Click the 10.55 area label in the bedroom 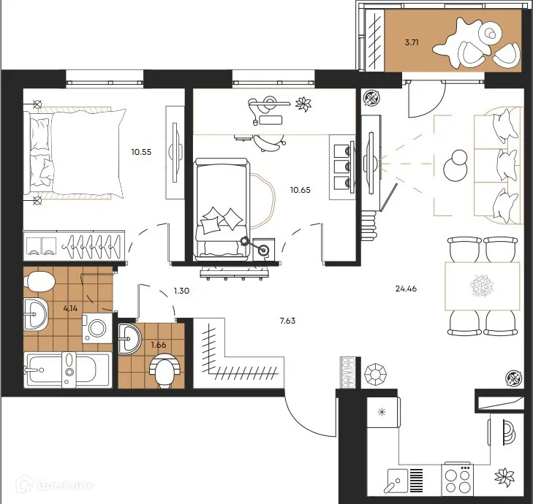point(141,152)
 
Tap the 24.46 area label point(406,289)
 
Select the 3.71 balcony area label point(412,42)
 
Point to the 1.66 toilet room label point(159,345)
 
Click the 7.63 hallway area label point(287,321)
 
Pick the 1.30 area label point(181,291)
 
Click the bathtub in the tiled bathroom point(68,370)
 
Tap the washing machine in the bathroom point(97,328)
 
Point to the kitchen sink point(397,480)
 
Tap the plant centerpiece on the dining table point(482,286)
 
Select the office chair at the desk point(269,142)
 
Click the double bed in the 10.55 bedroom point(75,153)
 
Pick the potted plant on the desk point(303,104)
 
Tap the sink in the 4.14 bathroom point(36,314)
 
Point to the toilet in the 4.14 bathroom point(39,282)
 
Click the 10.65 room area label point(300,190)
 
